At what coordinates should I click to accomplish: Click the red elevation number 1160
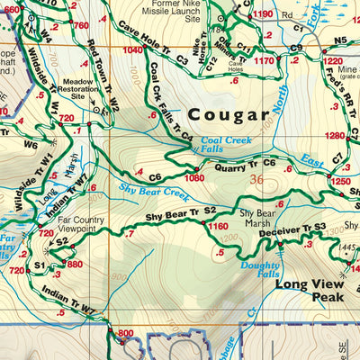pyautogui.click(x=218, y=227)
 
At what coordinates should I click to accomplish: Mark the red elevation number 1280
pyautogui.click(x=336, y=136)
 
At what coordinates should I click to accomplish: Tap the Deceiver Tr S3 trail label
pyautogui.click(x=293, y=229)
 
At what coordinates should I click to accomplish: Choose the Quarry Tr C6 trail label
pyautogui.click(x=244, y=164)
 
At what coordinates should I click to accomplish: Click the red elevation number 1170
pyautogui.click(x=263, y=60)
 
